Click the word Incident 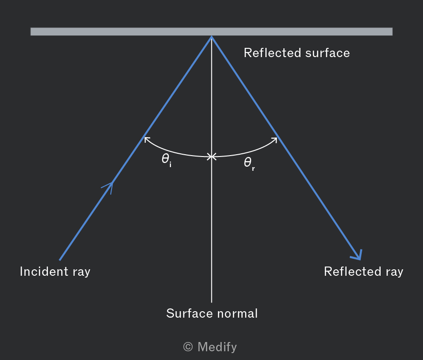tap(44, 271)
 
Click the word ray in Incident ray tap(82, 273)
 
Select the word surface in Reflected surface tap(328, 53)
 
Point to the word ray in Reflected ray tap(394, 273)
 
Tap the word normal tap(237, 314)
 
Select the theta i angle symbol tap(166, 160)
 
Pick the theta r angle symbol tap(249, 163)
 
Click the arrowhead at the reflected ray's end tap(358, 255)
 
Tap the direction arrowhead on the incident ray tap(108, 187)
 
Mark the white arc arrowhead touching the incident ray tap(147, 139)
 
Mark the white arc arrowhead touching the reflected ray tap(274, 140)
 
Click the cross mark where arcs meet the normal tap(211, 157)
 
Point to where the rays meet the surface tap(211, 36)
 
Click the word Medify tap(217, 347)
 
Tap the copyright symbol tap(188, 347)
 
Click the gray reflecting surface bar tap(211, 31)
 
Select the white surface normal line tap(211, 169)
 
